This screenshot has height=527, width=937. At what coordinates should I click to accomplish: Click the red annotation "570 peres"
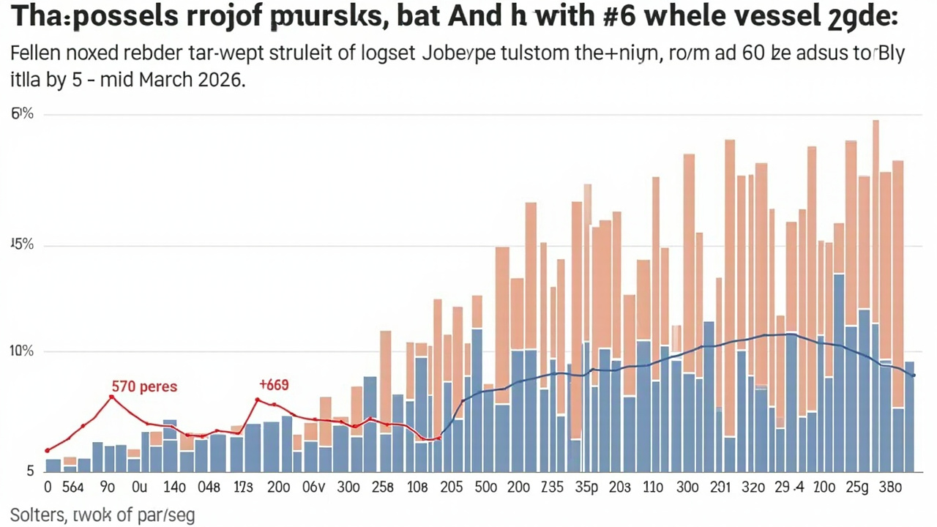[x=144, y=386]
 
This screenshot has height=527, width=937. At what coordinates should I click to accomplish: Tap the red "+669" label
[x=274, y=384]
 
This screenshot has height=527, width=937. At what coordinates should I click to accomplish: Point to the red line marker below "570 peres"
[x=111, y=397]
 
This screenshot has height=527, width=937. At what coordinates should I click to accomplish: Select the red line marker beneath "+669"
[x=258, y=400]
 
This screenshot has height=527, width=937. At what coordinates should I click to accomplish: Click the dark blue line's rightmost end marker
[x=913, y=375]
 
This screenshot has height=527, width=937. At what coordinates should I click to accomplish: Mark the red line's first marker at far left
[x=48, y=450]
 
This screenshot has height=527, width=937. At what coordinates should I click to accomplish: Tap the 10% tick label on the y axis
[x=22, y=351]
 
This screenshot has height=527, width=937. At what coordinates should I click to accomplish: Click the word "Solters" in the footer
[x=37, y=515]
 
